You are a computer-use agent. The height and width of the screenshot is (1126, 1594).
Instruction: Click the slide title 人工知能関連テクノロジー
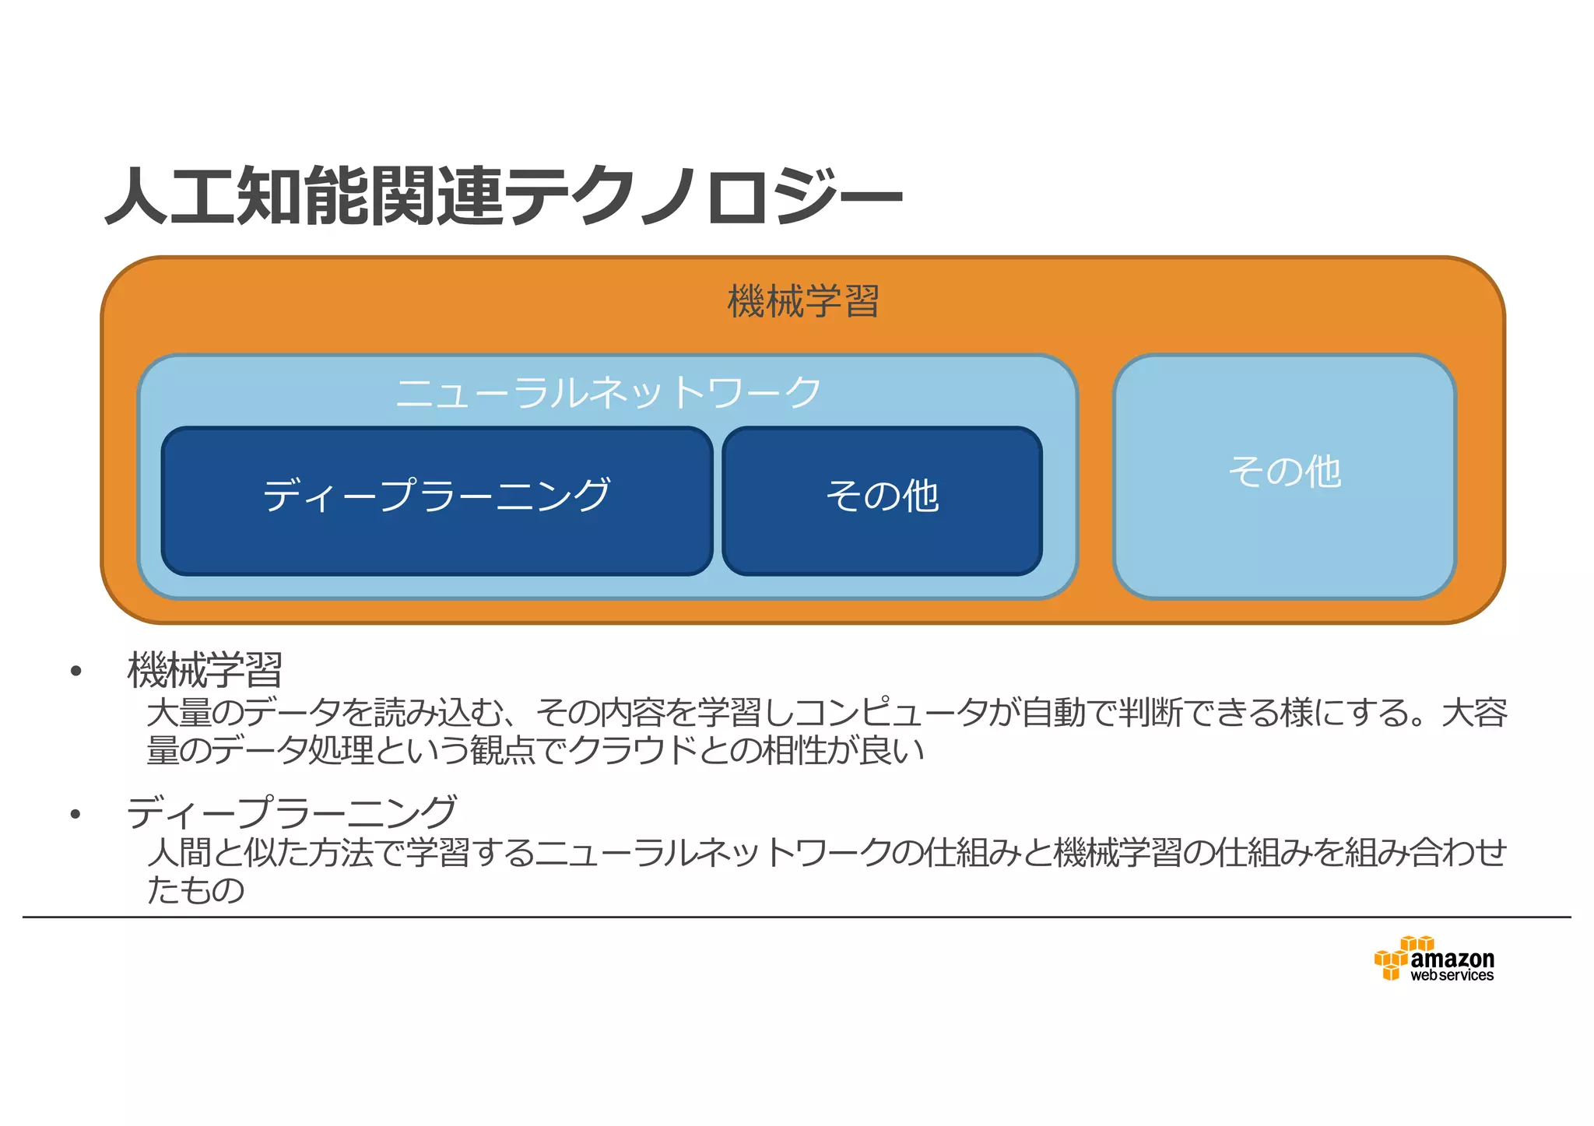tap(504, 195)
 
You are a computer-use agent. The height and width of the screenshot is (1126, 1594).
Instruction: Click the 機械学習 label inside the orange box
tap(803, 301)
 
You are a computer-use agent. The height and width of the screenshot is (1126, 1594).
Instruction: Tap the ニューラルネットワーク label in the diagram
tap(608, 392)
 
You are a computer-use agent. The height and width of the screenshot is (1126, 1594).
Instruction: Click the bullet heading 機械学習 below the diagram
tap(205, 670)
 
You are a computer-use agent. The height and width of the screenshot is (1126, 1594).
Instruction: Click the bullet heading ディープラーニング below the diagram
tap(292, 812)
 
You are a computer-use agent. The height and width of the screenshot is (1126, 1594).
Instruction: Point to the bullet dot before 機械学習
tap(75, 672)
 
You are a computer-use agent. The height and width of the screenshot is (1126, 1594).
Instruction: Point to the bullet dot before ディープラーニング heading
tap(75, 815)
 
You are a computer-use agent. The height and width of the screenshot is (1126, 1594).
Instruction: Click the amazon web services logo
tap(1434, 959)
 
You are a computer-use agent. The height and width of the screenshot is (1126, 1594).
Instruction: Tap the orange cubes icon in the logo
tap(1392, 958)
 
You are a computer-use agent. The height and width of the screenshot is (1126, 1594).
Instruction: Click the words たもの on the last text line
tap(196, 889)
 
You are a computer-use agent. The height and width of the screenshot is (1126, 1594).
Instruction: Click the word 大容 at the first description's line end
tap(1474, 713)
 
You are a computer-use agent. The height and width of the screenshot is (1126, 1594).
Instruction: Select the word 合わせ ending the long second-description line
tap(1458, 853)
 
